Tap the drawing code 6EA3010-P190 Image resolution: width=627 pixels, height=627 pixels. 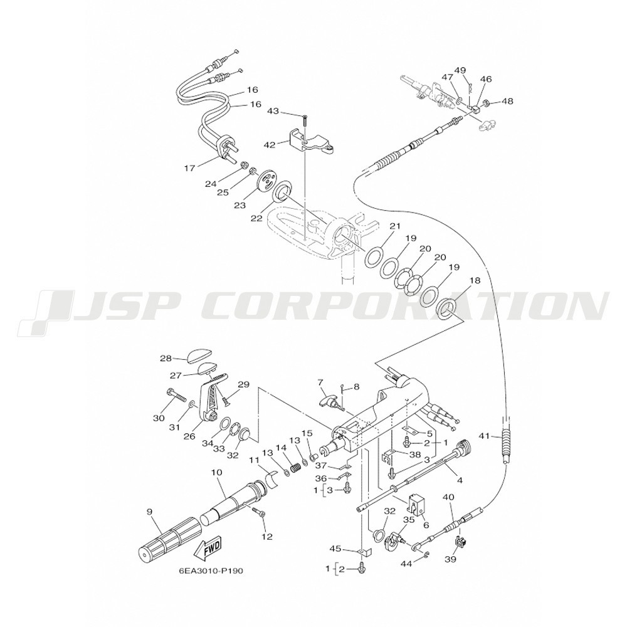pyautogui.click(x=211, y=571)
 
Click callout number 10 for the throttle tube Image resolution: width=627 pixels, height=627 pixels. pyautogui.click(x=217, y=472)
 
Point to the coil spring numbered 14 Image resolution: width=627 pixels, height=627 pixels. pyautogui.click(x=295, y=466)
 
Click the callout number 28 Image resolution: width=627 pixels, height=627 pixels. pyautogui.click(x=166, y=358)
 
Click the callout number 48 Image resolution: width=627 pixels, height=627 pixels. pyautogui.click(x=507, y=101)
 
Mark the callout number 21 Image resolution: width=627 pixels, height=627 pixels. pyautogui.click(x=394, y=226)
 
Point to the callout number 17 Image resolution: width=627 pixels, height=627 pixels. pyautogui.click(x=190, y=168)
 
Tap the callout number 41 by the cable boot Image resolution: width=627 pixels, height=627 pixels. pyautogui.click(x=484, y=436)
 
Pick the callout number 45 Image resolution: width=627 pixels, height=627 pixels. pyautogui.click(x=335, y=549)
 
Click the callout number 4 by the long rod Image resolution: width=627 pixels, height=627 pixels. pyautogui.click(x=460, y=480)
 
